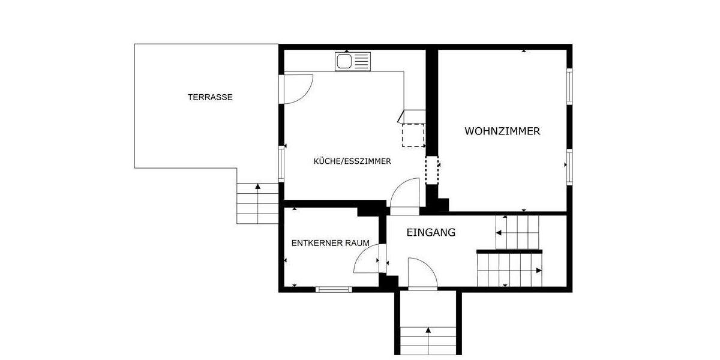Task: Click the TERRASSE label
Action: click(210, 97)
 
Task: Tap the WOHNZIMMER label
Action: click(502, 131)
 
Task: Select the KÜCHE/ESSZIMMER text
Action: click(352, 161)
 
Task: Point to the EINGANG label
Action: click(431, 232)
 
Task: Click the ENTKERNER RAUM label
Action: click(330, 243)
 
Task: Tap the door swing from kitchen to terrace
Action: click(298, 88)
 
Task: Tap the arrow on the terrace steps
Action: click(258, 187)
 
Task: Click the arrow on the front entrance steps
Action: click(428, 330)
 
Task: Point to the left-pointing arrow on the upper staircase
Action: click(499, 232)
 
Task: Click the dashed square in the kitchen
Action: click(413, 134)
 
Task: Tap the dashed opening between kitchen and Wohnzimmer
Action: click(432, 170)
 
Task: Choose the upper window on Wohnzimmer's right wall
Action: click(569, 86)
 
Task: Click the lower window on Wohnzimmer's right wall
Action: click(569, 166)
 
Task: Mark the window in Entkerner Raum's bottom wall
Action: click(334, 290)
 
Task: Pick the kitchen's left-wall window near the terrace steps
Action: click(281, 163)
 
